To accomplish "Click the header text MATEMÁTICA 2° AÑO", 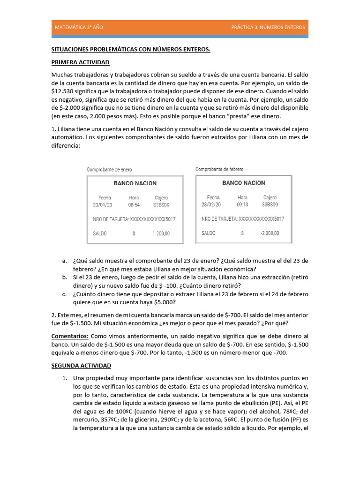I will pos(79,27).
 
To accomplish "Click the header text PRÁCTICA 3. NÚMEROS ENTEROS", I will pos(268,27).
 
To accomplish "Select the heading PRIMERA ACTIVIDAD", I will pos(80,62).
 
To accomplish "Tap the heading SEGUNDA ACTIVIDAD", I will pos(81,365).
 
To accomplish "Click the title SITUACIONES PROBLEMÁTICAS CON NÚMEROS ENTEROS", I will pos(131,50).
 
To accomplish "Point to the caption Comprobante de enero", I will pos(109,169).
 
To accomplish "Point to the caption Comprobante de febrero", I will pos(219,169).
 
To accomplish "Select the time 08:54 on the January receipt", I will pos(134,205).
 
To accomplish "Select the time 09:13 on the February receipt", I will pos(242,205).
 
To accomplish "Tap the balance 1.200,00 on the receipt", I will pos(161,233).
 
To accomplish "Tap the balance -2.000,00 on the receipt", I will pos(269,233).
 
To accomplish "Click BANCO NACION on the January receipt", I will pos(135,183).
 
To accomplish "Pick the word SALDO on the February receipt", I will pos(209,233).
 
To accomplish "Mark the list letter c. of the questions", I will pos(64,294).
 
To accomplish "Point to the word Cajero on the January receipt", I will pos(161,198).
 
